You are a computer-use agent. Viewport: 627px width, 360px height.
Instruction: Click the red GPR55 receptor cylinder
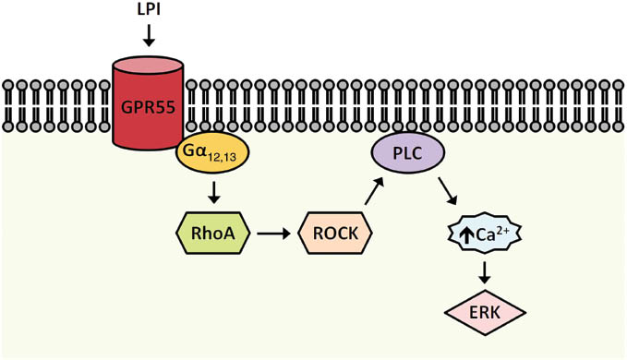pyautogui.click(x=148, y=111)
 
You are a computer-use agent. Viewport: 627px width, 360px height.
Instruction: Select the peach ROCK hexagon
pyautogui.click(x=334, y=233)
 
